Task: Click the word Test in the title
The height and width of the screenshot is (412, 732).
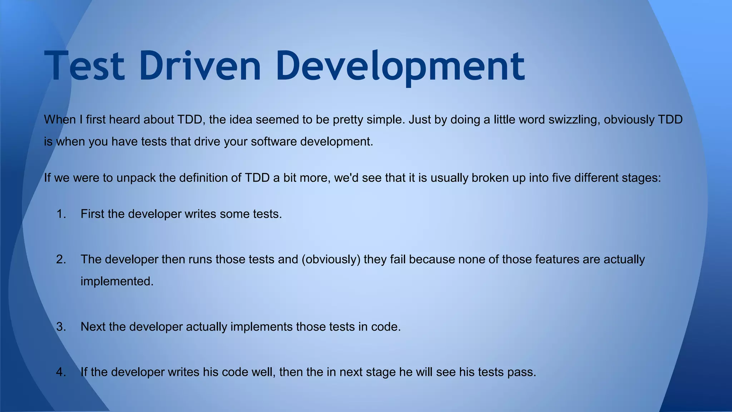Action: [x=85, y=66]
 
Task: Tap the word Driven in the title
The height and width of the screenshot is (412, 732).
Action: [x=201, y=66]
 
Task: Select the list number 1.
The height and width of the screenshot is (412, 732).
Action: [x=61, y=214]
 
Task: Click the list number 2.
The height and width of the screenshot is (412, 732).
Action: [x=61, y=259]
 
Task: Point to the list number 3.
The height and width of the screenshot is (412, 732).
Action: [x=61, y=327]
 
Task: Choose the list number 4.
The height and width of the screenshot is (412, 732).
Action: [x=61, y=372]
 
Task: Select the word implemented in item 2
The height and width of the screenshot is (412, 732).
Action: [x=117, y=281]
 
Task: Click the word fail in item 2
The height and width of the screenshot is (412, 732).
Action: [x=398, y=259]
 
